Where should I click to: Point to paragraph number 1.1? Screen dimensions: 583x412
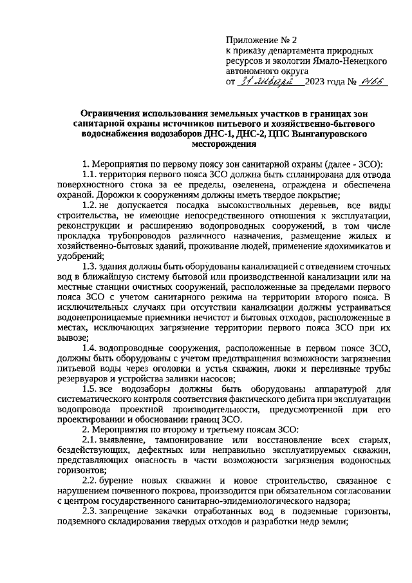point(90,176)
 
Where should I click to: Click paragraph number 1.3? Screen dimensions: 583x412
point(90,278)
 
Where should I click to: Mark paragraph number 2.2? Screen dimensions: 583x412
point(90,482)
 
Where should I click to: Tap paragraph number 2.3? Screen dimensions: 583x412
point(90,512)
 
